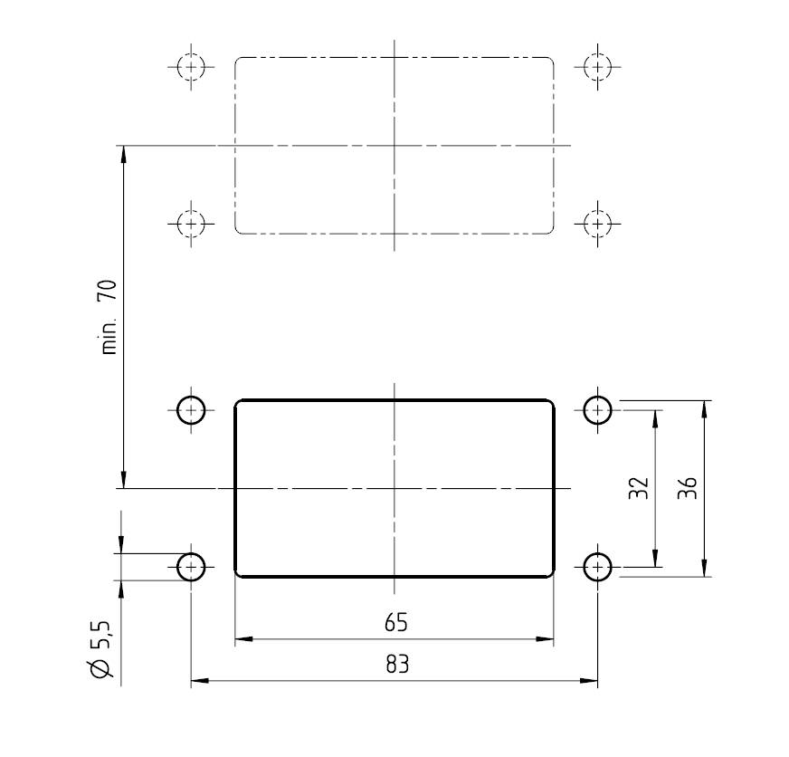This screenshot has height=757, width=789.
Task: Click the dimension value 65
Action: (x=395, y=623)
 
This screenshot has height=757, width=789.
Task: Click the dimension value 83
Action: (x=396, y=665)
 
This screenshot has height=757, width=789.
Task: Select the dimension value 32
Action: (x=641, y=488)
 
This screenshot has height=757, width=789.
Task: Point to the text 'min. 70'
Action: (x=108, y=317)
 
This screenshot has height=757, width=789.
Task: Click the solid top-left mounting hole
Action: (x=191, y=410)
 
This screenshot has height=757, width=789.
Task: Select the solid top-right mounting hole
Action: (x=597, y=410)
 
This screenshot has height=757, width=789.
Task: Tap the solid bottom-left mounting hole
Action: (x=191, y=567)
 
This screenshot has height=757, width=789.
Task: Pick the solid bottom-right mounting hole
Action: (x=597, y=567)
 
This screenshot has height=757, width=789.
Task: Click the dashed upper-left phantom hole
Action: (x=191, y=66)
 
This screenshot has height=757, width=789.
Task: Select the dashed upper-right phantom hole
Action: (x=597, y=66)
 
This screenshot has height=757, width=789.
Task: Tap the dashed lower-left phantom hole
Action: (x=191, y=223)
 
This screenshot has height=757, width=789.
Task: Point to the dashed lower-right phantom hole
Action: (x=597, y=223)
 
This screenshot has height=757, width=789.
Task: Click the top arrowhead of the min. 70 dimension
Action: (x=123, y=153)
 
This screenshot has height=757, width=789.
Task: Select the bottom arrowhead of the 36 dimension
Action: (x=704, y=570)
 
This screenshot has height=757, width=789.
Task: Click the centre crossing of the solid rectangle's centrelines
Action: (x=394, y=488)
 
